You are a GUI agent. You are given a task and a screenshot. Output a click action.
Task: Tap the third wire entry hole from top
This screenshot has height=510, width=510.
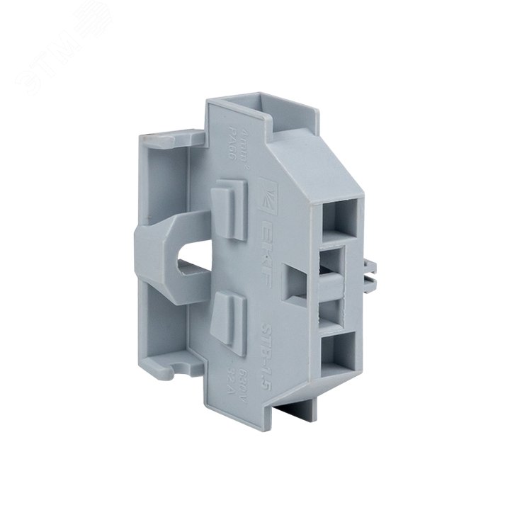335,307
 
